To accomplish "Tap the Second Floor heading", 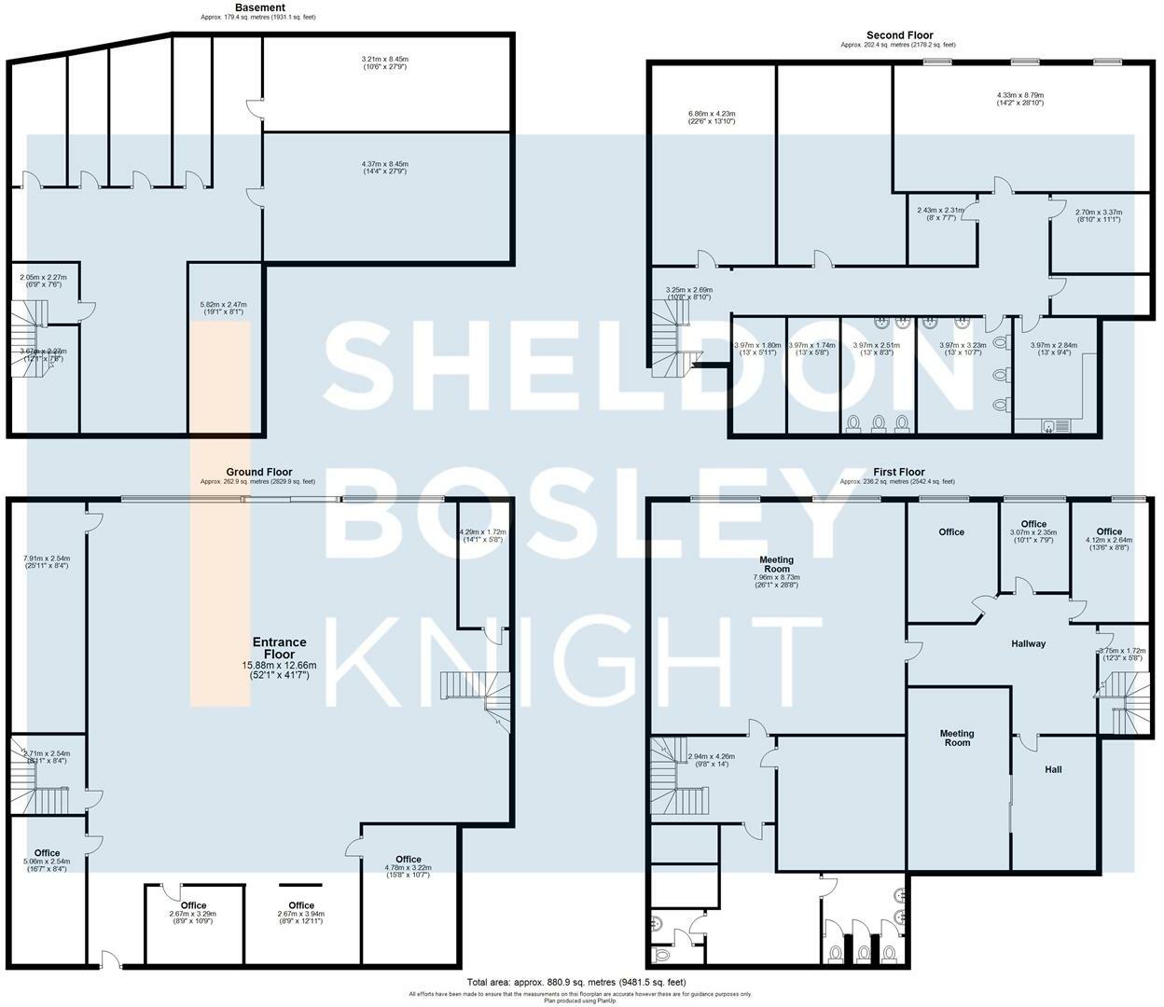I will [x=899, y=35].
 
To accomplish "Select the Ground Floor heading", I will [x=258, y=473].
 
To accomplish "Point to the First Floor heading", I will [x=898, y=473].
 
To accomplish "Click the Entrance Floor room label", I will [x=279, y=648].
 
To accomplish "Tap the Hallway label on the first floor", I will [x=1028, y=643].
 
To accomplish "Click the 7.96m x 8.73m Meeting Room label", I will [x=776, y=564].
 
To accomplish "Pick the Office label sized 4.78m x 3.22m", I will [x=408, y=860].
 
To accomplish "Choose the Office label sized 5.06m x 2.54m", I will [x=47, y=853].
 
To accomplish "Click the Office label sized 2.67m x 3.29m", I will [x=193, y=905].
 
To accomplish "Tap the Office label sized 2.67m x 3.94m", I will [x=301, y=905].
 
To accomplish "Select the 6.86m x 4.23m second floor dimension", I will [x=712, y=117].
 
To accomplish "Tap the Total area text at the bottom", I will [x=576, y=982].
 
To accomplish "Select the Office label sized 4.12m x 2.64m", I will [x=1108, y=531].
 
